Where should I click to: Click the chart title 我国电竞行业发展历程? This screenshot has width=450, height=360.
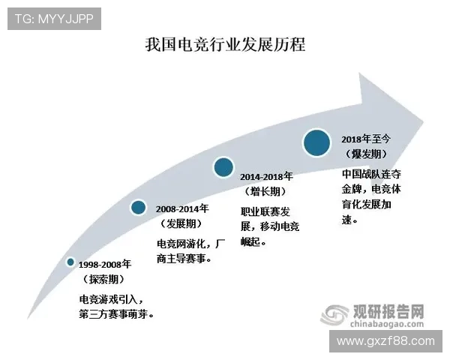click(x=225, y=44)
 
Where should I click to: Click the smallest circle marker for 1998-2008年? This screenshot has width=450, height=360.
click(x=70, y=262)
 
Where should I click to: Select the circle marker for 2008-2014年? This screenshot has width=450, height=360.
click(x=138, y=207)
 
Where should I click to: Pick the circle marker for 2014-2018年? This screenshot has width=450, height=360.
click(x=223, y=167)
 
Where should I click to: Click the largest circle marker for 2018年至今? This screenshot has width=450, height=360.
click(x=317, y=141)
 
